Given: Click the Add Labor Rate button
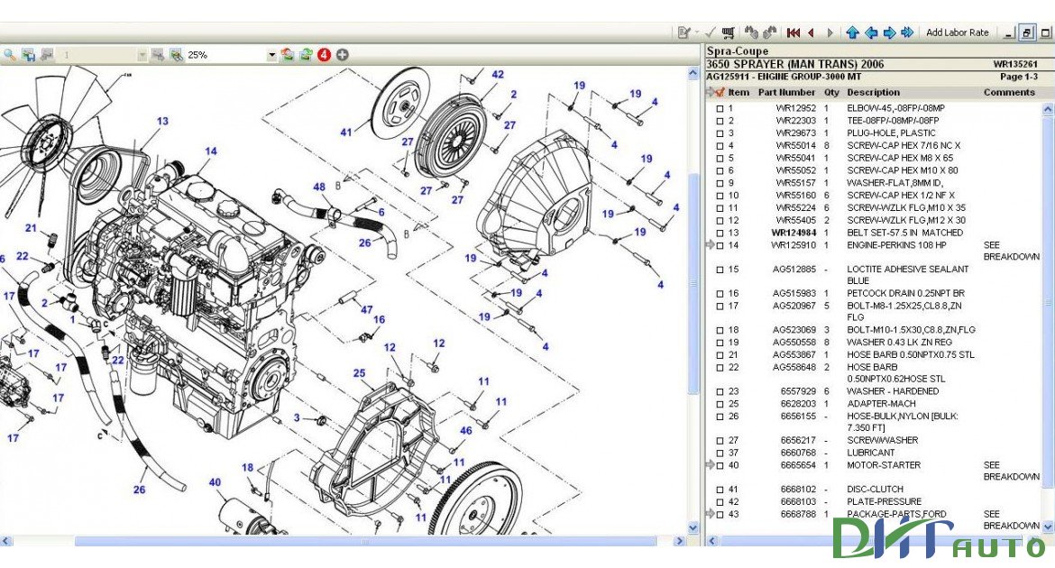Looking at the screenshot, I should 957,32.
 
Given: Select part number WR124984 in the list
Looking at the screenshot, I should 794,233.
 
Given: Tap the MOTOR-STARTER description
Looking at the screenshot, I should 884,465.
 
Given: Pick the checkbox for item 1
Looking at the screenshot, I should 720,109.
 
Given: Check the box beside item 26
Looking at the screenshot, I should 720,417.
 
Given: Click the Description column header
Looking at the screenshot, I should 873,92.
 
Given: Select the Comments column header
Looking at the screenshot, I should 1009,92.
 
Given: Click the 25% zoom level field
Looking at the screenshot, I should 225,55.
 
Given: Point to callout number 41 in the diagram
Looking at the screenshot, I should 346,133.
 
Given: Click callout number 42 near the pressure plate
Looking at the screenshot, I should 498,75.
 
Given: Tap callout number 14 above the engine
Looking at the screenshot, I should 211,151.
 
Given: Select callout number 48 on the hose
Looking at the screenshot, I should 319,188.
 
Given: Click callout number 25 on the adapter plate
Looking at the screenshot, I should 359,373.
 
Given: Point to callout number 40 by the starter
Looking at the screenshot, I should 215,482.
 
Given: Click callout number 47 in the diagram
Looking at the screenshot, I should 367,310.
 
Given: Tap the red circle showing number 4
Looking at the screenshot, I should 324,55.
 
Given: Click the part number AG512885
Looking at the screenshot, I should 794,269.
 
